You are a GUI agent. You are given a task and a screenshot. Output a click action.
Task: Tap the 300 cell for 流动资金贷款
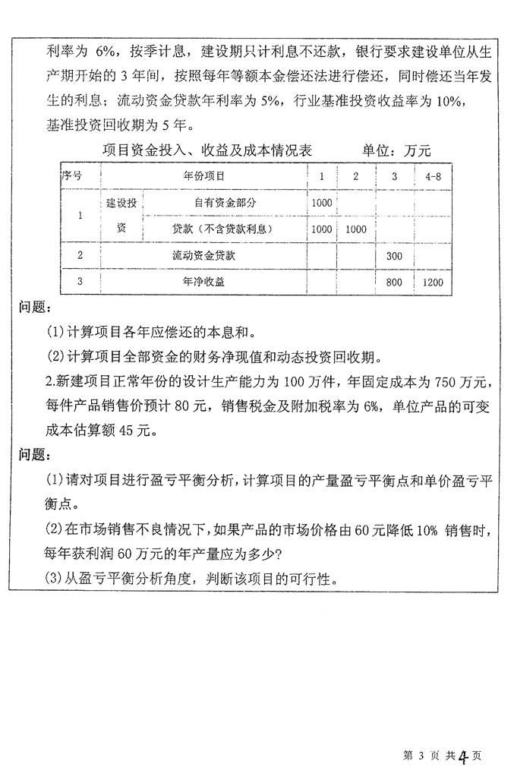pos(394,256)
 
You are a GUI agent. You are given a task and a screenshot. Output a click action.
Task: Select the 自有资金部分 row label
pos(225,202)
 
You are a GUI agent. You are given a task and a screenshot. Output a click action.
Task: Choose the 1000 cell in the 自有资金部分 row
pos(322,202)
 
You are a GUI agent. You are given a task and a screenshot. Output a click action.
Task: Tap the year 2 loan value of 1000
pos(355,229)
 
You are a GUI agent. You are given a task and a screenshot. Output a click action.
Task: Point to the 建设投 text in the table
pos(121,204)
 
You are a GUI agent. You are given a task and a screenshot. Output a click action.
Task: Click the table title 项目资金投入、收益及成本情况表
pos(207,150)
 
